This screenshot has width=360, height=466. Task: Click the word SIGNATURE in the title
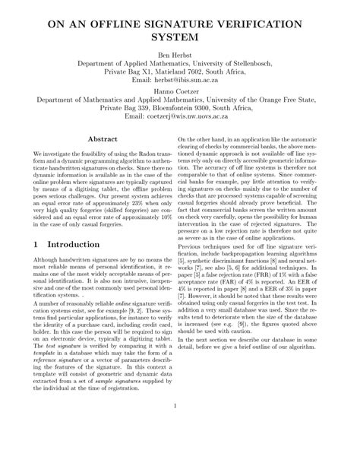(x=176, y=25)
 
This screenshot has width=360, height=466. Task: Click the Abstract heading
(x=103, y=140)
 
